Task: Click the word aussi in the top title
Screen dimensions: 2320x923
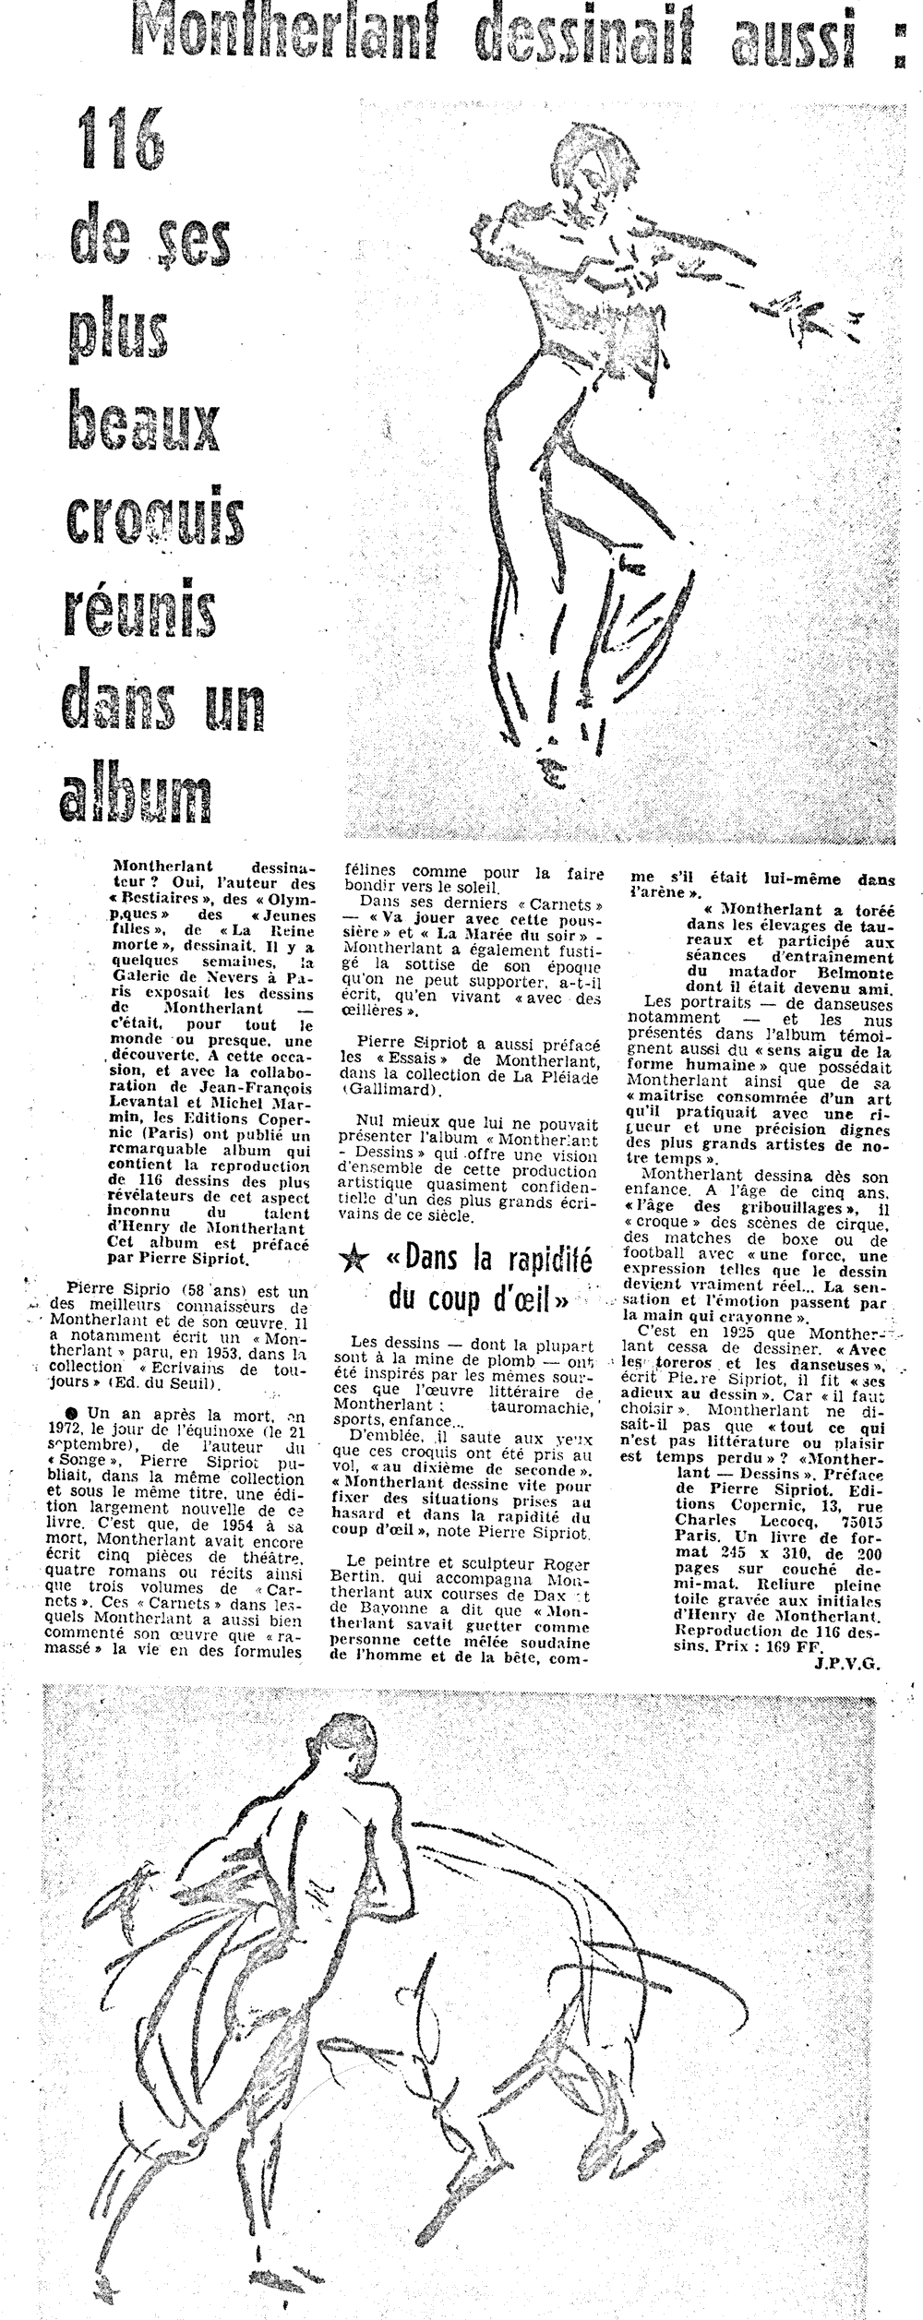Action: pyautogui.click(x=801, y=35)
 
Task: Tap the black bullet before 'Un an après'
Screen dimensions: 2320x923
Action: pyautogui.click(x=73, y=1414)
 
